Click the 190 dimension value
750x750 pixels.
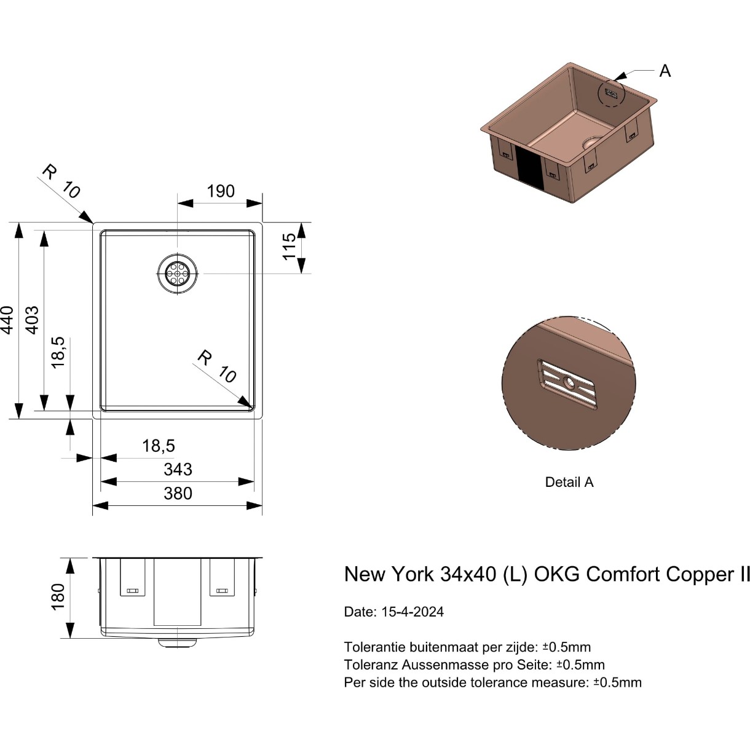click(x=220, y=191)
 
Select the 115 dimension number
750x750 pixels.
click(x=289, y=247)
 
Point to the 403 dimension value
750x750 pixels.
click(x=33, y=320)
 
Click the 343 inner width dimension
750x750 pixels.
click(x=178, y=470)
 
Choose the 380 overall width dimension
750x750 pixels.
click(x=178, y=494)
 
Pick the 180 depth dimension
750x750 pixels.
click(x=58, y=597)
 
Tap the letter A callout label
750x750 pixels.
click(x=665, y=71)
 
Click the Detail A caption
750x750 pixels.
click(x=569, y=482)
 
